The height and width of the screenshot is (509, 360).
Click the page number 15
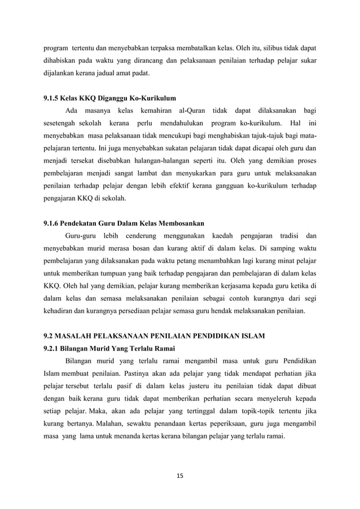(180, 475)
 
